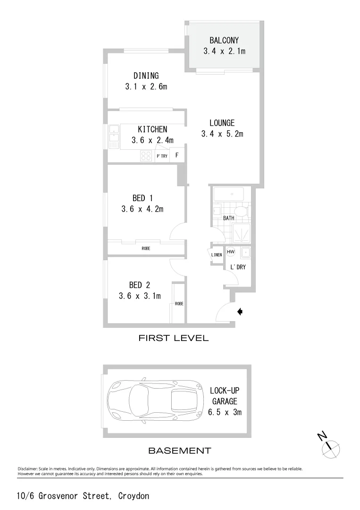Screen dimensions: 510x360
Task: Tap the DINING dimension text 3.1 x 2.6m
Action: (146, 87)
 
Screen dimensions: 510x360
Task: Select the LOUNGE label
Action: (222, 123)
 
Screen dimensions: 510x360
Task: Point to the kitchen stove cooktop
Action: (146, 155)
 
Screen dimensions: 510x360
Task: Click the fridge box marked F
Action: (177, 155)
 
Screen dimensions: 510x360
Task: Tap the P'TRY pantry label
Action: (162, 156)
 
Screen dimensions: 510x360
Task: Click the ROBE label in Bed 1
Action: (146, 248)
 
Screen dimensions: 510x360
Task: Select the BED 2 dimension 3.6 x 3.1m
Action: (140, 296)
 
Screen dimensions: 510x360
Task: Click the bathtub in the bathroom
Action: (228, 194)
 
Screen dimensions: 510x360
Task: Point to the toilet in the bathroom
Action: (241, 212)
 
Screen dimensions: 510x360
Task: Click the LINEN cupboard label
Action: (217, 255)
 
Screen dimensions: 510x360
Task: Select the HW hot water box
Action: (231, 252)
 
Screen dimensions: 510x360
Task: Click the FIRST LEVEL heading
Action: (173, 338)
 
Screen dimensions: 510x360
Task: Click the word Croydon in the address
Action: (134, 496)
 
